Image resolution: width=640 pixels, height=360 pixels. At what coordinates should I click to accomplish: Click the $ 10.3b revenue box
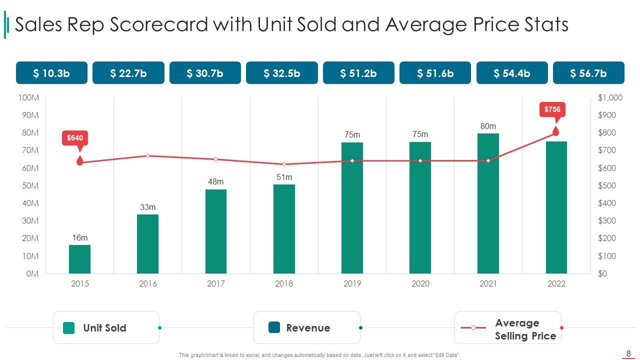click(51, 73)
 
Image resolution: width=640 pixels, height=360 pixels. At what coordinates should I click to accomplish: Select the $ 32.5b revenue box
click(282, 73)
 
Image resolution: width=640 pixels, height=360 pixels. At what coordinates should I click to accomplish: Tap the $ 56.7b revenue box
click(588, 73)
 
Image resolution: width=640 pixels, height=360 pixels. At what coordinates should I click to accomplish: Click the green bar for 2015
click(80, 259)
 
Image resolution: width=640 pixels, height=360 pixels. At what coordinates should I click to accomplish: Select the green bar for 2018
click(284, 229)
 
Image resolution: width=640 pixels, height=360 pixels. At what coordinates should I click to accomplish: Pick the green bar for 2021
click(488, 203)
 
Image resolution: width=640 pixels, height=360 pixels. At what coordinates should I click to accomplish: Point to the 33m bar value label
click(148, 207)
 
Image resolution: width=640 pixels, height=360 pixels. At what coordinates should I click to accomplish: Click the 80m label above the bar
click(488, 126)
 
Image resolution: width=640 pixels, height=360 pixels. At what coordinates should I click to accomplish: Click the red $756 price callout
click(552, 109)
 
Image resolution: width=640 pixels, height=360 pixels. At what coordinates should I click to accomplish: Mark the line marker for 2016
click(148, 156)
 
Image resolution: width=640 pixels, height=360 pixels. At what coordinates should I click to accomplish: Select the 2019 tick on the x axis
click(352, 284)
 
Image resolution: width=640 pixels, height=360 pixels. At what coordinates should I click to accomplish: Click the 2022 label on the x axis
click(556, 284)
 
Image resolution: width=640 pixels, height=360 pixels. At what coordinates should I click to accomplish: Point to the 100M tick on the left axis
click(28, 97)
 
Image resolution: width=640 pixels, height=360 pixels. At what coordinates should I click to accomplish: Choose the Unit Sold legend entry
click(104, 328)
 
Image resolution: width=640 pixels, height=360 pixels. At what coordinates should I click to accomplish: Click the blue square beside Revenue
click(274, 327)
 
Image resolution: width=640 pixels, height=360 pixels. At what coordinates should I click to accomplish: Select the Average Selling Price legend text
click(525, 329)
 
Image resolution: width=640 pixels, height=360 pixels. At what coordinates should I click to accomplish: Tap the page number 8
click(628, 353)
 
